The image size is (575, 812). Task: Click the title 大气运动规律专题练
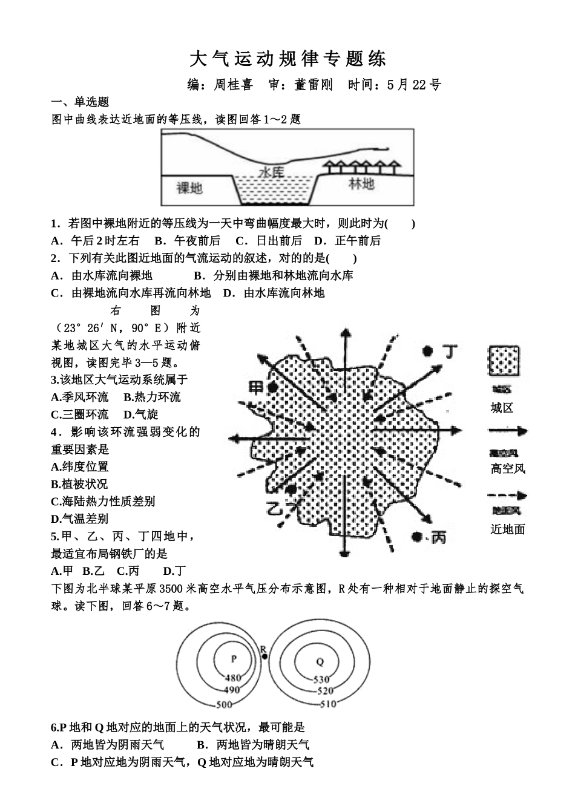[x=287, y=59]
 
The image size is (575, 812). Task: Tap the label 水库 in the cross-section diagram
[x=271, y=172]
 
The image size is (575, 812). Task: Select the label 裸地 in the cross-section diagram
[x=189, y=188]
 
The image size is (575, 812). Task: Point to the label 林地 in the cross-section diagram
[x=361, y=184]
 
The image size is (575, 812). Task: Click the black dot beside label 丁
[x=427, y=350]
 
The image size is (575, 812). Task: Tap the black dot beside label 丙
[x=416, y=536]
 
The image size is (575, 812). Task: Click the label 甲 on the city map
[x=257, y=387]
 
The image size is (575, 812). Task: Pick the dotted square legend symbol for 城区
[x=504, y=361]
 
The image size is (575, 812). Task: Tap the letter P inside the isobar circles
[x=234, y=660]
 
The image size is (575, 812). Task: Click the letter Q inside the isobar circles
[x=320, y=661]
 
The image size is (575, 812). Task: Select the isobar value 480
[x=232, y=678]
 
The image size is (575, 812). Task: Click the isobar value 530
[x=321, y=679]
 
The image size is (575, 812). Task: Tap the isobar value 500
[x=224, y=704]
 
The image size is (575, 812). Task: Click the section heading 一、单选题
[x=79, y=102]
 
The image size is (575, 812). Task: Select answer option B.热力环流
[x=152, y=397]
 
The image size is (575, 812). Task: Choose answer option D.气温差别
[x=79, y=519]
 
